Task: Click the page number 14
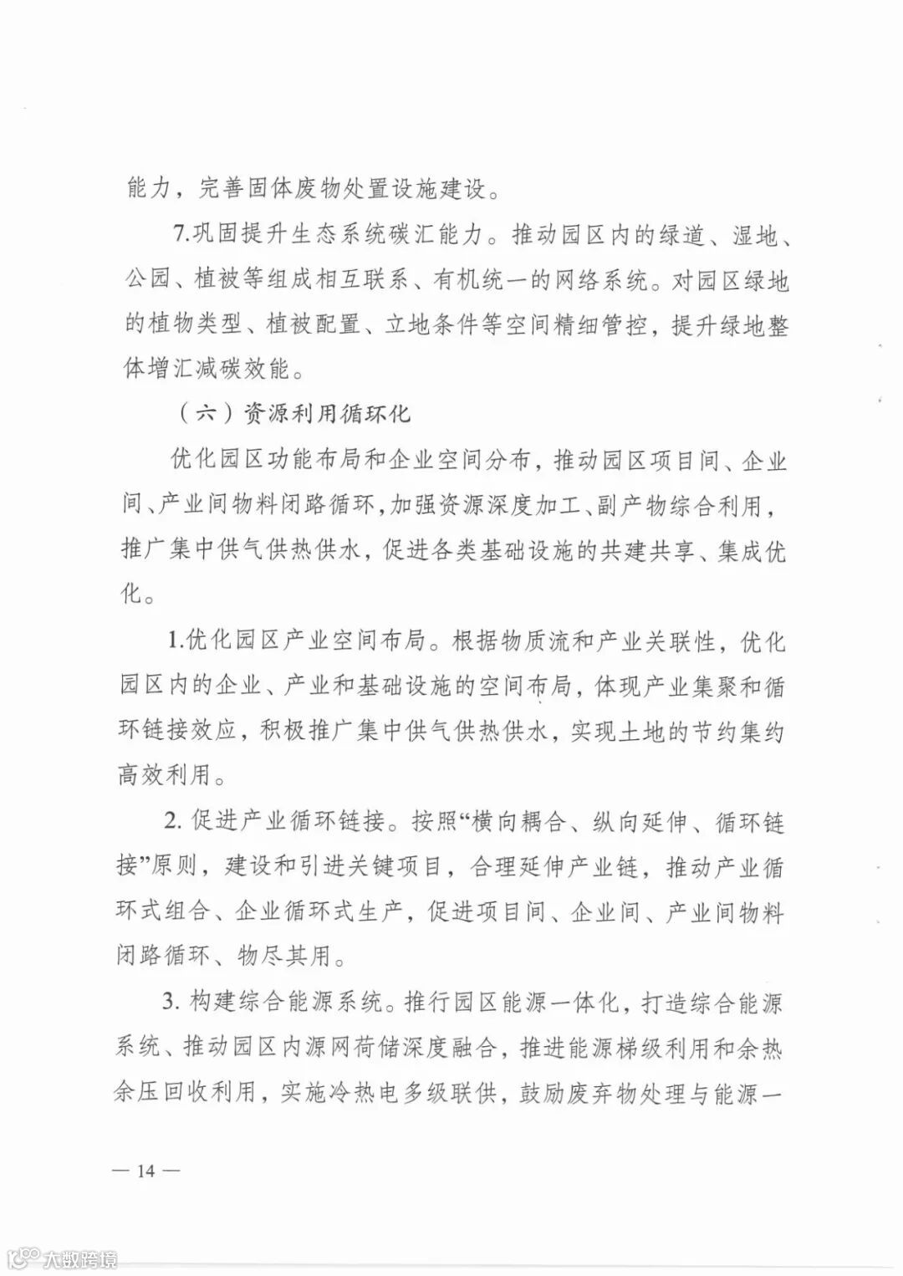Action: point(145,1169)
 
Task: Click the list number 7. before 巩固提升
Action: point(181,235)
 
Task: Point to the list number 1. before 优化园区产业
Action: point(176,642)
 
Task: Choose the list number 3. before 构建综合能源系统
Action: point(172,1002)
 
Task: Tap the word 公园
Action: point(149,280)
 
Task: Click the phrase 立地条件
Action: point(431,325)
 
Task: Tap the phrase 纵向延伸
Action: point(640,822)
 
